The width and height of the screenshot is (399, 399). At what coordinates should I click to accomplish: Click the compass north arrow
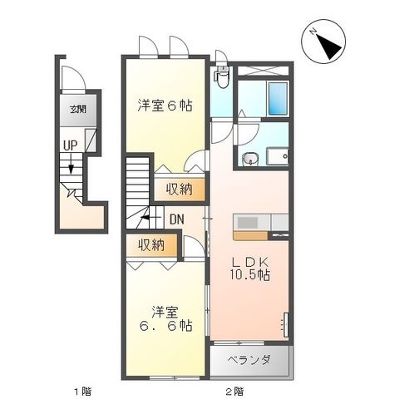pos(327,45)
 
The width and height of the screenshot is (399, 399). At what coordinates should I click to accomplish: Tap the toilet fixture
pos(222,76)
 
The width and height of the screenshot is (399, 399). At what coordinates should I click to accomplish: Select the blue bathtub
pos(278,98)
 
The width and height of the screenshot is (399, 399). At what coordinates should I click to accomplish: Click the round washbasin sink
pos(250,160)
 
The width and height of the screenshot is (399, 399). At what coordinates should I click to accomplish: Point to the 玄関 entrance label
pos(78,110)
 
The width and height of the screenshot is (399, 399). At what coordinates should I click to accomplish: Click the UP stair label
pos(70,145)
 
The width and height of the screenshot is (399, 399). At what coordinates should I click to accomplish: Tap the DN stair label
pos(177,219)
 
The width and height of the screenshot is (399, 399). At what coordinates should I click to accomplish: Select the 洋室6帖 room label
pos(165,106)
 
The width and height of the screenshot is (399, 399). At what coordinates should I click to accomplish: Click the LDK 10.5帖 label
pos(249,268)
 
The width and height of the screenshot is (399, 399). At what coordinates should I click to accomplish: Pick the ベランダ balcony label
pos(249,360)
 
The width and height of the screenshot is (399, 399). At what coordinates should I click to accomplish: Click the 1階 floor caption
pos(82,392)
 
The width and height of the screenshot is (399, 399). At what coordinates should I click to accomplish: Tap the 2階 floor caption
pos(234,392)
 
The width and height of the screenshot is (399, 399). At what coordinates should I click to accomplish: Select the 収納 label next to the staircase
pos(179,190)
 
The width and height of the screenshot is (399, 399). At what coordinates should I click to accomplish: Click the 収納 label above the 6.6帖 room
pos(151,245)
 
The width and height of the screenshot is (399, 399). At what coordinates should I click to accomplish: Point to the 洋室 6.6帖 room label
pos(165,318)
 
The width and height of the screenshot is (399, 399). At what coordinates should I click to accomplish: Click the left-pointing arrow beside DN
pos(149,217)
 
